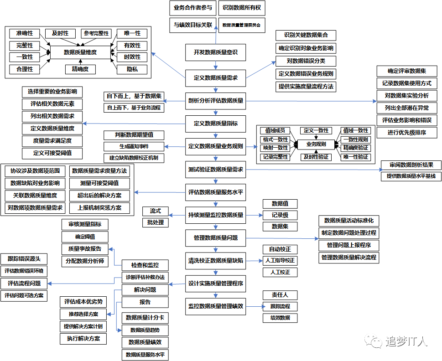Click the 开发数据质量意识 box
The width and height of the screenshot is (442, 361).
tap(216, 52)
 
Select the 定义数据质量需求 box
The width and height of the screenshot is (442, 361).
tap(216, 77)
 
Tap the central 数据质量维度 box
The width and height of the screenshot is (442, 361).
tap(80, 52)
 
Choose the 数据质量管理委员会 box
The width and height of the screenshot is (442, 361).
tap(242, 25)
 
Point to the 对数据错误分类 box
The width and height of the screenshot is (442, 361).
tap(306, 61)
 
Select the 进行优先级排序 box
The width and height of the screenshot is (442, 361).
tap(407, 133)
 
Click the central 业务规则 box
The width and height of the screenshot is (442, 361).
tap(316, 144)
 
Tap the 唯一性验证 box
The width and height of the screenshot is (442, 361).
tap(356, 157)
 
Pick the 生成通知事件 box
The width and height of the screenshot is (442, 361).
tap(134, 147)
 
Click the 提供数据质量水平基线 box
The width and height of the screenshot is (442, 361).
tap(411, 176)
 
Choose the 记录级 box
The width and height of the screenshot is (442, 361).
tap(280, 215)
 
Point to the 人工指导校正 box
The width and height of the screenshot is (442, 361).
tap(280, 261)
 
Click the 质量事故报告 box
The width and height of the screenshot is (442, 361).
tap(85, 249)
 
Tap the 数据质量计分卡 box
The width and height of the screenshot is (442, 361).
tap(145, 318)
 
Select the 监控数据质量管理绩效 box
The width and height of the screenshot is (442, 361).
tap(216, 306)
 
